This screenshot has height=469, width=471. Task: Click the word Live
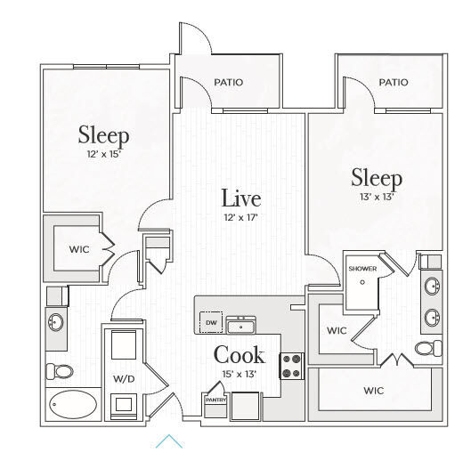pos(241,198)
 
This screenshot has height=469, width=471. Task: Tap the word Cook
pos(240,354)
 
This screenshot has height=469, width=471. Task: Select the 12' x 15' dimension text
pos(104,154)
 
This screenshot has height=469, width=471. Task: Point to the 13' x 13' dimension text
pos(377,197)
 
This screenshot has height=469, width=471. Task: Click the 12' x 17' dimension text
pos(241,217)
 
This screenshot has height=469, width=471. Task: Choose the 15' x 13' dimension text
pos(240,374)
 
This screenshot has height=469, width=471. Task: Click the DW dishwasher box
pos(211,322)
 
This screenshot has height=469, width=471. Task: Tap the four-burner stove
pos(292,366)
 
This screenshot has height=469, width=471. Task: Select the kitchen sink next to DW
pos(241,325)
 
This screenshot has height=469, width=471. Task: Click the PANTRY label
pos(215,400)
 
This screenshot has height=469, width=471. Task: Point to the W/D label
pos(124,379)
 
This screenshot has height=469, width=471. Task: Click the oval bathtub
pos(73,404)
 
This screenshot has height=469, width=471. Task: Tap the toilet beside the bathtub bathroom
pos(60,371)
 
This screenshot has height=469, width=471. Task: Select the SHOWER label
pos(362,269)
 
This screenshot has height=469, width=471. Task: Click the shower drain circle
pos(362,282)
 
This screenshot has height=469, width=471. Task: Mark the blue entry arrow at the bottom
pos(169,441)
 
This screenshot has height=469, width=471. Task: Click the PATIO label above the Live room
pos(228,82)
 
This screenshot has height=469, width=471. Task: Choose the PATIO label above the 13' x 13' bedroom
pos(394,82)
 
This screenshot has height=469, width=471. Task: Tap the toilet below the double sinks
pos(428,349)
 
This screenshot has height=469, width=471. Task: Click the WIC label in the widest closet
pos(373,391)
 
